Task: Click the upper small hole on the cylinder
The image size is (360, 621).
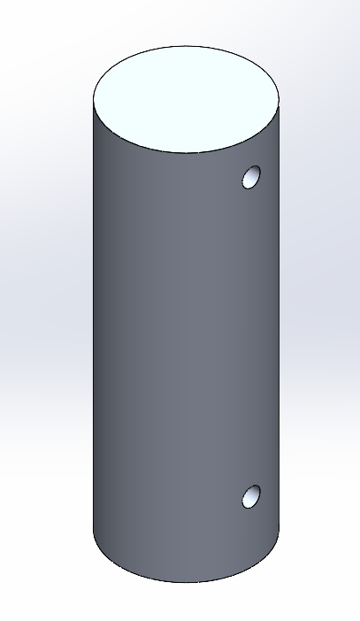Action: (252, 177)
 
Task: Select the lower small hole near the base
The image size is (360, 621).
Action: (252, 496)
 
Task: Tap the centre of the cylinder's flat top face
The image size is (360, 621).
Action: (186, 97)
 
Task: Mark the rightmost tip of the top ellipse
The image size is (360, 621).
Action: (280, 97)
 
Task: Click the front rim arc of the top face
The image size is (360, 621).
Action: (186, 152)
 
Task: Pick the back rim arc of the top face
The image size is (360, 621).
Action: (186, 45)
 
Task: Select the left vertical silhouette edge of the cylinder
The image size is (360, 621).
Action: (93, 310)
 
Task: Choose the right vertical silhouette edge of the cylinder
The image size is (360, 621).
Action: (280, 310)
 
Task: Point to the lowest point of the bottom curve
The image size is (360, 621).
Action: (186, 583)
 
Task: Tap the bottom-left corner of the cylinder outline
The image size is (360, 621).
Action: (94, 531)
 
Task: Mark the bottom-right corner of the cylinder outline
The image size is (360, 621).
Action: (279, 531)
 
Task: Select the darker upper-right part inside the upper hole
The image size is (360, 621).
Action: (256, 173)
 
